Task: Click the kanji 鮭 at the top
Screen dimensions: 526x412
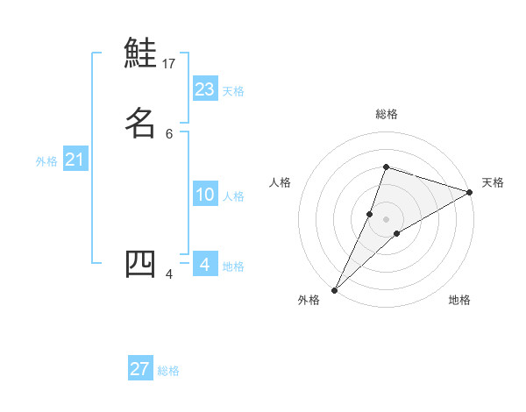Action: (140, 53)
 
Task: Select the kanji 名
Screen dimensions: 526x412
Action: (140, 123)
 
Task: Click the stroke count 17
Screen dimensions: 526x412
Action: (169, 64)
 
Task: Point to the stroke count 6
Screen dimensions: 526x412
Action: (169, 134)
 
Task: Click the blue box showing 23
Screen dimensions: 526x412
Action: (205, 89)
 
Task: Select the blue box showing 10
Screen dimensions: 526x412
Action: (205, 195)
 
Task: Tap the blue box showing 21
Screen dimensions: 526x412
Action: (75, 160)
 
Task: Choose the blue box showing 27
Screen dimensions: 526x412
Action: (140, 369)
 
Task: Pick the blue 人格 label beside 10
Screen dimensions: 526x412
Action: (233, 196)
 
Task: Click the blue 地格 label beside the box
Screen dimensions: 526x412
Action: (233, 266)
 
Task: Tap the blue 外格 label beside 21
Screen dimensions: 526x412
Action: (46, 161)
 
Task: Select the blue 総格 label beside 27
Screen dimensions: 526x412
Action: (168, 371)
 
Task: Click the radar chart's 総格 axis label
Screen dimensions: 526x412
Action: (386, 114)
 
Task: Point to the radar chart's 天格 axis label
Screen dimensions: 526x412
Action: (493, 182)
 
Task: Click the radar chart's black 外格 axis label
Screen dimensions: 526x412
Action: (309, 300)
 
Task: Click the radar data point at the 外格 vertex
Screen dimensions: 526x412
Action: (334, 289)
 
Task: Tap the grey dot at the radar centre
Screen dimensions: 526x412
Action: (386, 219)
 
